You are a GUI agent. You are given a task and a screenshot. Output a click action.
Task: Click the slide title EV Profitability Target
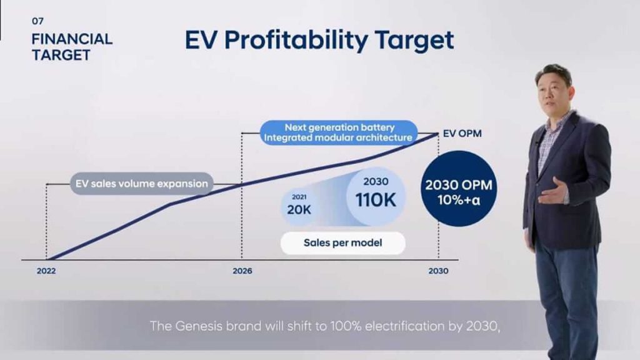pyautogui.click(x=319, y=41)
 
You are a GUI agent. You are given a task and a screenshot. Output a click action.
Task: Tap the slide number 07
pyautogui.click(x=37, y=21)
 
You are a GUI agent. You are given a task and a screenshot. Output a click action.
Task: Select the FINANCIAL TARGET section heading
pyautogui.click(x=71, y=47)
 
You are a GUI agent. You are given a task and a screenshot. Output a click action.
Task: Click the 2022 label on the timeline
pyautogui.click(x=46, y=272)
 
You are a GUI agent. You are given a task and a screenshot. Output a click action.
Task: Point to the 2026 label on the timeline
pyautogui.click(x=242, y=272)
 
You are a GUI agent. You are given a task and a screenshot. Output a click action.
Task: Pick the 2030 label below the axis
pyautogui.click(x=438, y=272)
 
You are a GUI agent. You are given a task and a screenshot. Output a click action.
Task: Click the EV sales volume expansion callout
pyautogui.click(x=141, y=184)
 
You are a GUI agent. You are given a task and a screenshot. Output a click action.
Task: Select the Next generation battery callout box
pyautogui.click(x=339, y=132)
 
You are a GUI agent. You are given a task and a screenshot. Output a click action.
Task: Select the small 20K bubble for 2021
pyautogui.click(x=298, y=206)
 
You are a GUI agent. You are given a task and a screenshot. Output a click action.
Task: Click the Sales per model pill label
pyautogui.click(x=342, y=243)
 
